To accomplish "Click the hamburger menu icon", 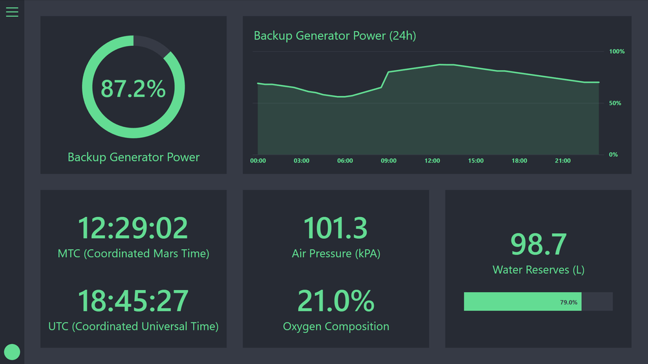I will [x=12, y=12].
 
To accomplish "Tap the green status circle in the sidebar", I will [x=12, y=352].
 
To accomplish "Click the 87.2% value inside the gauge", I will [x=133, y=88].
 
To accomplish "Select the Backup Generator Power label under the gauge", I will [x=133, y=157].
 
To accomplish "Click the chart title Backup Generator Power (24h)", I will [x=334, y=36].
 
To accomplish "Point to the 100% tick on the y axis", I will [x=616, y=51].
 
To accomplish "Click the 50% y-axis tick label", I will [x=615, y=103].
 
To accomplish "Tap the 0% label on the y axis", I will [x=613, y=154].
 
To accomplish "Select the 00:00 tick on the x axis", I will [x=258, y=161].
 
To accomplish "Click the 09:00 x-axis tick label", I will [x=388, y=161].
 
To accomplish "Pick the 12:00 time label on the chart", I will [x=432, y=161].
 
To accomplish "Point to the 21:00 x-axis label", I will [x=562, y=161].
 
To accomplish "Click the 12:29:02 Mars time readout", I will [x=133, y=228].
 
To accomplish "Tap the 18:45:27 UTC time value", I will [x=133, y=301].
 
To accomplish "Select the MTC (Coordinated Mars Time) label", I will [x=133, y=254].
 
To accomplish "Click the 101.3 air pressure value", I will [x=336, y=228].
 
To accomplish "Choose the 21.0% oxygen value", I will [x=336, y=301].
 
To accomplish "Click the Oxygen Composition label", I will [x=336, y=326].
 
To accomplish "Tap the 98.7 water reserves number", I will [x=538, y=244].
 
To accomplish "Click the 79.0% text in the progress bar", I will [x=568, y=302].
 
